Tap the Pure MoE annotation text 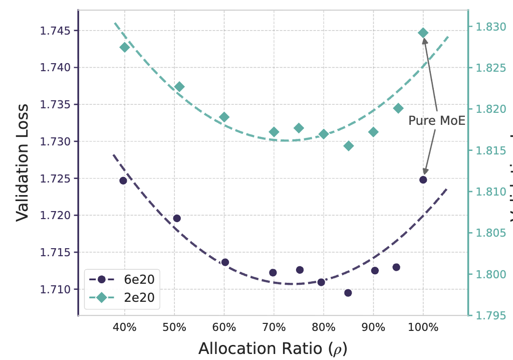(436, 121)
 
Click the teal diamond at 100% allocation (423, 33)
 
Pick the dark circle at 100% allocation (423, 179)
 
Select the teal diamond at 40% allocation (125, 47)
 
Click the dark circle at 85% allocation (348, 293)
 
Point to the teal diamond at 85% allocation (348, 146)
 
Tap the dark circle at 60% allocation (225, 262)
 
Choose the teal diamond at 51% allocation (179, 87)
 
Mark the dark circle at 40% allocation (123, 181)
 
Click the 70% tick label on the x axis (274, 328)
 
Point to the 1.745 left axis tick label (55, 31)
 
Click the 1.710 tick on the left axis (55, 289)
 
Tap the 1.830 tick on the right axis (489, 27)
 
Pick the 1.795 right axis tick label (489, 316)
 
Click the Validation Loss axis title (22, 162)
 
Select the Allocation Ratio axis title (273, 348)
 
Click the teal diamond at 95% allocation (398, 108)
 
